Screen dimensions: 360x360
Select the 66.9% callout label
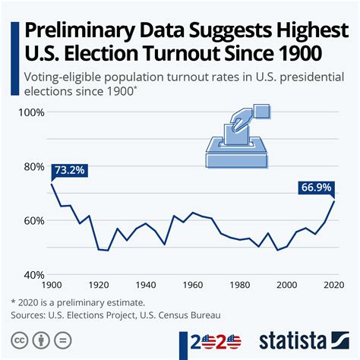pyautogui.click(x=318, y=187)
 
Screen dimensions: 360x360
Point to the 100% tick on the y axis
pyautogui.click(x=32, y=112)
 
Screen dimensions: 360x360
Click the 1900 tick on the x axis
pyautogui.click(x=52, y=285)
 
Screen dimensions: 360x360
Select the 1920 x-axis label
pyautogui.click(x=99, y=285)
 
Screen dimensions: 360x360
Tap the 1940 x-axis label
pyautogui.click(x=147, y=285)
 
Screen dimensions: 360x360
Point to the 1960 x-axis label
pyautogui.click(x=194, y=285)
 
